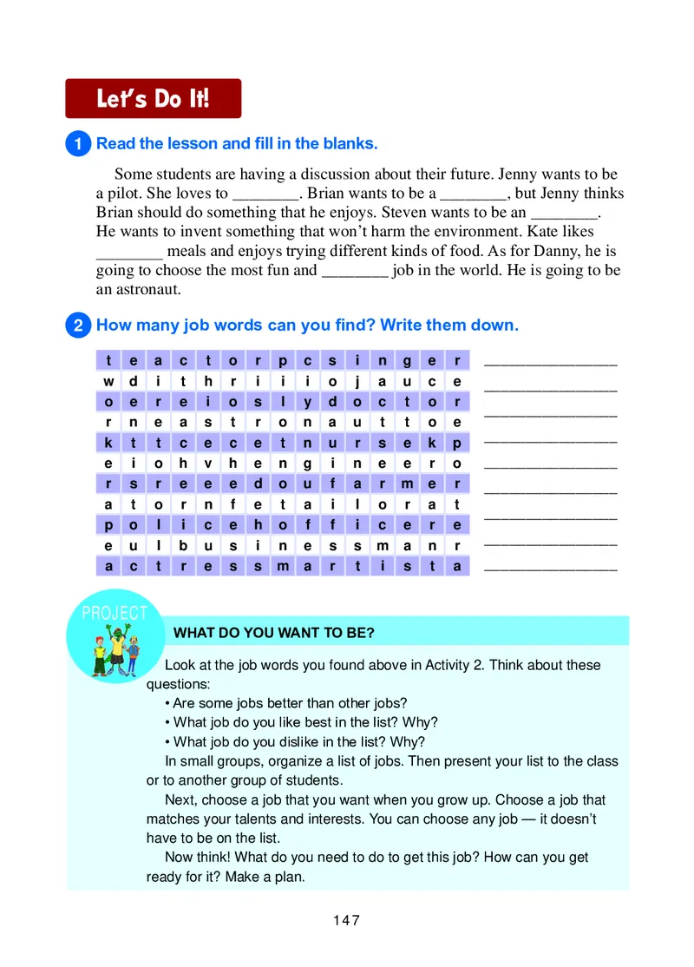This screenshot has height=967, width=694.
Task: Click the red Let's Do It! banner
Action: click(154, 98)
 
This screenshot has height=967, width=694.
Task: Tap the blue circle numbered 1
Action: click(78, 144)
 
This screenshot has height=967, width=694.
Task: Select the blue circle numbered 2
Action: click(78, 326)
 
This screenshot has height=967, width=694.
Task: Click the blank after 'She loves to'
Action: click(265, 194)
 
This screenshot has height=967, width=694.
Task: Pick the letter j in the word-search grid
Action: click(357, 381)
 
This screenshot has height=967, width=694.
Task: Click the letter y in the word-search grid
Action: click(307, 402)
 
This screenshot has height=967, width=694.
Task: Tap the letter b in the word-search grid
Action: click(183, 546)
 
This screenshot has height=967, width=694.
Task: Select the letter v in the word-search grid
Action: click(208, 464)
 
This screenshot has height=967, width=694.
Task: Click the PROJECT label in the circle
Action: click(115, 614)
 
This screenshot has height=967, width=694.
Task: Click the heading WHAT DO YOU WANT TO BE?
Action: click(274, 633)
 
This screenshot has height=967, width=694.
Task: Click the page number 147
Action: click(346, 920)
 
